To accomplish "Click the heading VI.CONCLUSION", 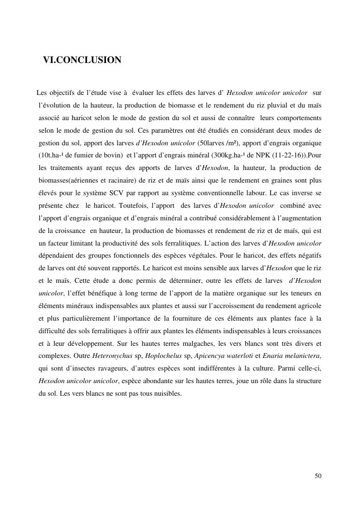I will pos(82,60).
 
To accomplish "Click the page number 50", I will pos(318,476).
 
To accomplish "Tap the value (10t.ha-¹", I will pos(51,155).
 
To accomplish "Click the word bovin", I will pos(113,155).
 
